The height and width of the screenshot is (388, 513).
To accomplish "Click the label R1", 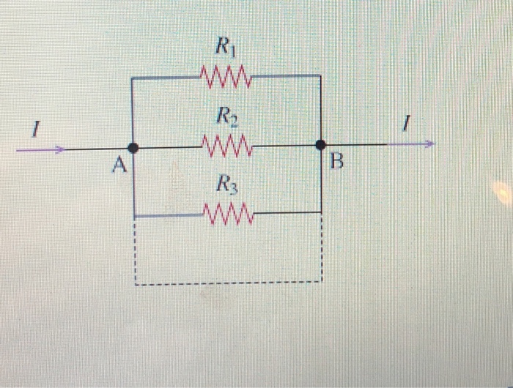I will click(x=224, y=49).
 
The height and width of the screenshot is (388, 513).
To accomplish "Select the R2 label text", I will click(x=226, y=116).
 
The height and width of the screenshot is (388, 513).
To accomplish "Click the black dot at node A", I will click(x=133, y=148).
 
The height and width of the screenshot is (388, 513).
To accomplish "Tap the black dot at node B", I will click(x=321, y=146).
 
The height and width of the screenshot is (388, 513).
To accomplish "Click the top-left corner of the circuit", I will click(x=132, y=77).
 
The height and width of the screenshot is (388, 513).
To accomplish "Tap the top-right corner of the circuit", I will click(x=320, y=75).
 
